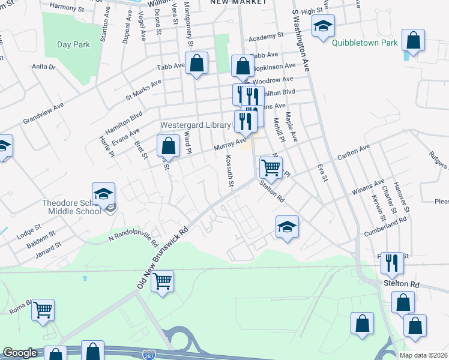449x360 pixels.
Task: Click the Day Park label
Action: pos(73,44)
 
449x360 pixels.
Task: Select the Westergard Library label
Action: pos(195,125)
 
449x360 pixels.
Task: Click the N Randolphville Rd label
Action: pos(133,239)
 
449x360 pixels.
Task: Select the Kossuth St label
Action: pos(228,170)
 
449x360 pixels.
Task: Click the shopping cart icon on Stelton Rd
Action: pos(271,169)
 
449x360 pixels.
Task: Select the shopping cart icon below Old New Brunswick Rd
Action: pos(163,280)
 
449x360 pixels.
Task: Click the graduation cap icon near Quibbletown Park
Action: pos(323,26)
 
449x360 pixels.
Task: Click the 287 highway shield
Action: pos(149,355)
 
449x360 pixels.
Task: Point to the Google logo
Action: pos(20,353)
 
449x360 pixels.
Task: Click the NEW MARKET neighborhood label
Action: pos(238,3)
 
